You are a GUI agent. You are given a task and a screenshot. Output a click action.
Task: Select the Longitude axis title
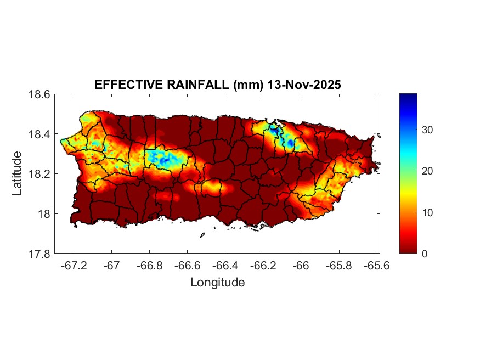tap(217, 283)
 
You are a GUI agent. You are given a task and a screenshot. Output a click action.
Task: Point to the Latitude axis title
tap(17, 173)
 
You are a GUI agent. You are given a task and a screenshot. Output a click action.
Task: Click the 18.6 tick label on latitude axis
tap(39, 94)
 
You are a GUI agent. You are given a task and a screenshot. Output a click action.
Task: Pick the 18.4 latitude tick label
tap(39, 134)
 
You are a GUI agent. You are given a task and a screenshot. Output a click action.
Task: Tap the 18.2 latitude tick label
tap(39, 174)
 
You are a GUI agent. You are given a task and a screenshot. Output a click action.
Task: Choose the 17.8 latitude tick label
tap(39, 254)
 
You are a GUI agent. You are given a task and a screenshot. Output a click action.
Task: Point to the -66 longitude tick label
tap(301, 266)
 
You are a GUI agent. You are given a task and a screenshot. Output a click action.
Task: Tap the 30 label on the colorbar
tap(427, 130)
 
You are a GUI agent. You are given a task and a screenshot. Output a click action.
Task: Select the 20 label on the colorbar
tap(427, 171)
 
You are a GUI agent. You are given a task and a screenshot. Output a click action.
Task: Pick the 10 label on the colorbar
tap(427, 212)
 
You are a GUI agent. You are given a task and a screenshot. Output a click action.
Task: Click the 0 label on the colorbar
tap(425, 254)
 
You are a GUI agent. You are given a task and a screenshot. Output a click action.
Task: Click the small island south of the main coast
tap(202, 235)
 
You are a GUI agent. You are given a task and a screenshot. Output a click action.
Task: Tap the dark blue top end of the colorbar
tap(408, 97)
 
